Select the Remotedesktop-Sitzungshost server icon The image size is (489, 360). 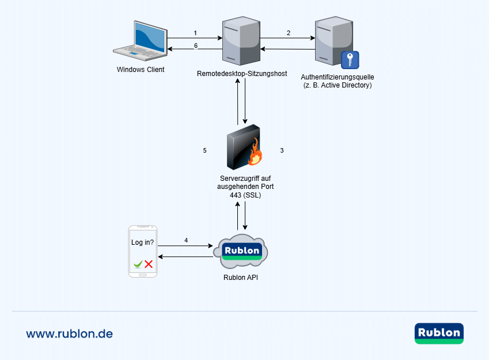240,41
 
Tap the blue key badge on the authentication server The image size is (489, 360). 350,60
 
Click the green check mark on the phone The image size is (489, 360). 138,264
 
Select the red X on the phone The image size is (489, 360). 149,264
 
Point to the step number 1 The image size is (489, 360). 195,33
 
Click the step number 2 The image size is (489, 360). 288,33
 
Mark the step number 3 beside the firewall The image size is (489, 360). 282,150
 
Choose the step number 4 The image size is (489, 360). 186,240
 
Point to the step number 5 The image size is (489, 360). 204,150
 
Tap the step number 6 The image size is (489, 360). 195,46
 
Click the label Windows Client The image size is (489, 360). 141,70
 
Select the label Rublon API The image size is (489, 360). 241,278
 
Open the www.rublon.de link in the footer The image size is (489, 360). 69,334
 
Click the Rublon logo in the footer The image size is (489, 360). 439,334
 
